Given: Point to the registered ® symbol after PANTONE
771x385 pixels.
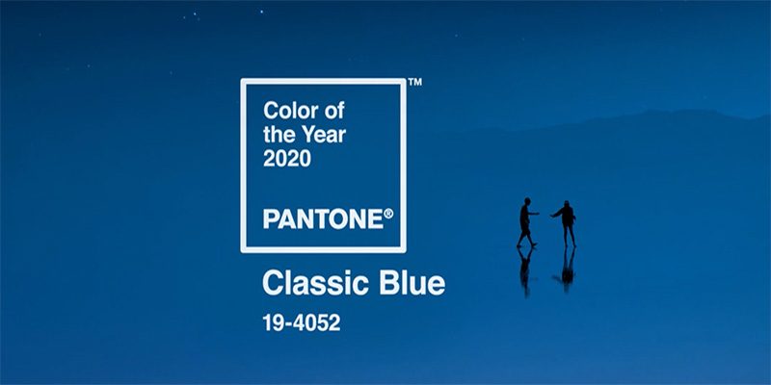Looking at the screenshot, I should pyautogui.click(x=388, y=212).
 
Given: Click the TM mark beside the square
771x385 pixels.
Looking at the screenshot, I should pyautogui.click(x=414, y=83).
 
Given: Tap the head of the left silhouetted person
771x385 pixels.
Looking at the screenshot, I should pyautogui.click(x=526, y=203).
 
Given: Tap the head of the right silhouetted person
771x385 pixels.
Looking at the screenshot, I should pyautogui.click(x=568, y=205).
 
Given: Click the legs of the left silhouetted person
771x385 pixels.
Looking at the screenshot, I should pyautogui.click(x=526, y=237).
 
